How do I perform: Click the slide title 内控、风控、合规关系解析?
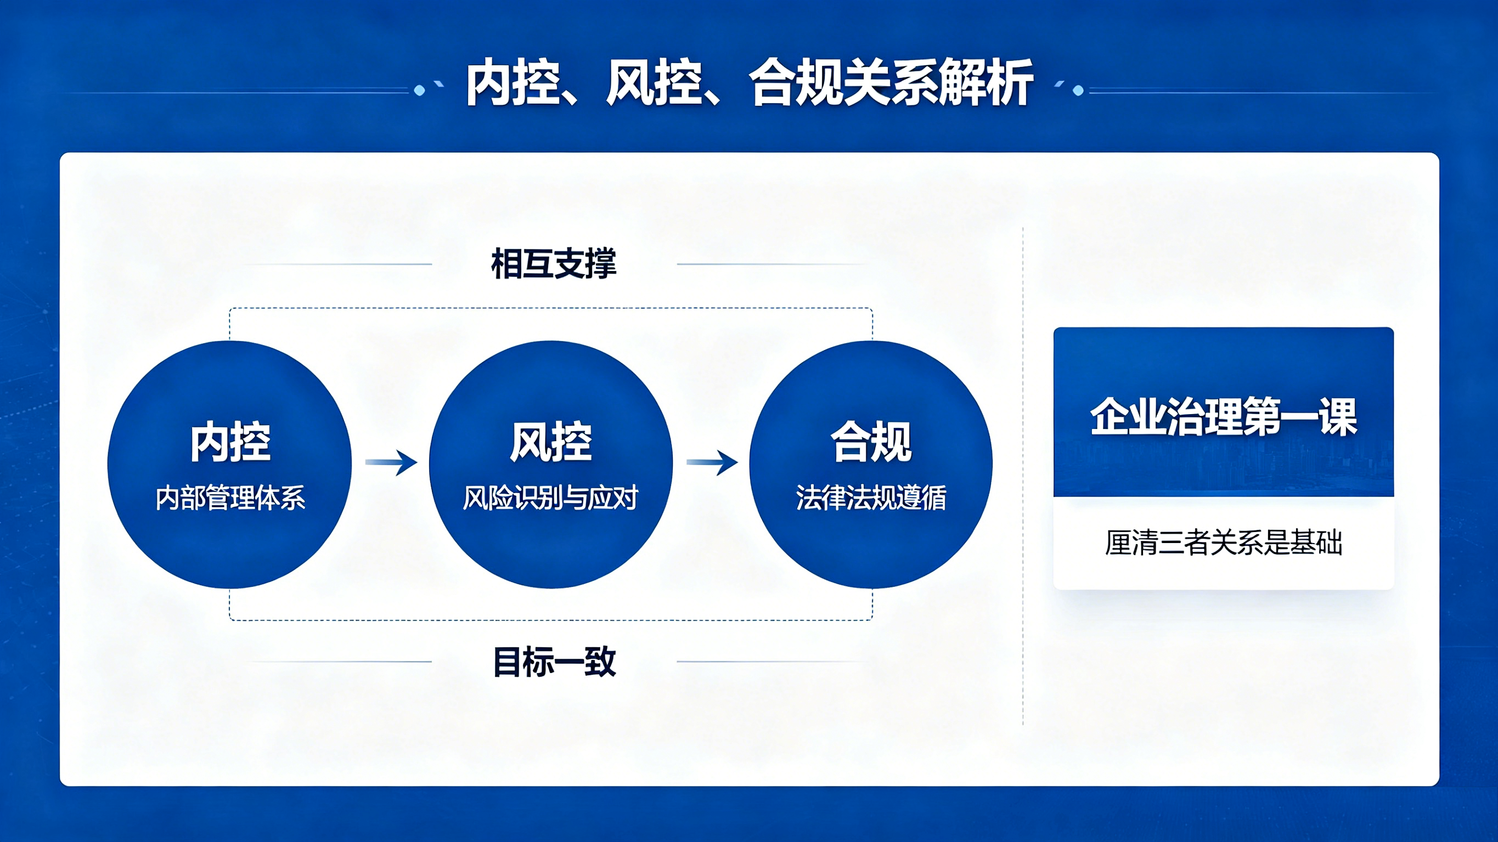(749, 83)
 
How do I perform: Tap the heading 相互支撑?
(554, 263)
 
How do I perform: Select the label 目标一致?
(554, 662)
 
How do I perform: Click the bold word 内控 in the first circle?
(230, 442)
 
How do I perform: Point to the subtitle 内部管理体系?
(230, 498)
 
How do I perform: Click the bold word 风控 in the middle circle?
(551, 442)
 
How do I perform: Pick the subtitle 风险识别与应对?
(551, 498)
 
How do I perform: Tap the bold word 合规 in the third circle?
(871, 442)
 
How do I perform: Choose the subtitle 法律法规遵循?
(871, 498)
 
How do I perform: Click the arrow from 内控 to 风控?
(391, 462)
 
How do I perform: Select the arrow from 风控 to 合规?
(712, 462)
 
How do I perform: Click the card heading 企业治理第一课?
(1224, 417)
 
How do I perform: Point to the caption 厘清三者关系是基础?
(1224, 543)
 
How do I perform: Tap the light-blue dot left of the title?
(419, 90)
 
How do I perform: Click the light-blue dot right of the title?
(1078, 90)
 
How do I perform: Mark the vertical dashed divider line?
(1023, 476)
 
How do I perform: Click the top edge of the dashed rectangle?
(551, 308)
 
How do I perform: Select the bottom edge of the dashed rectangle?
(551, 620)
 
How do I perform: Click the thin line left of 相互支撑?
(337, 264)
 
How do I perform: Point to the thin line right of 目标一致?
(771, 662)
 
